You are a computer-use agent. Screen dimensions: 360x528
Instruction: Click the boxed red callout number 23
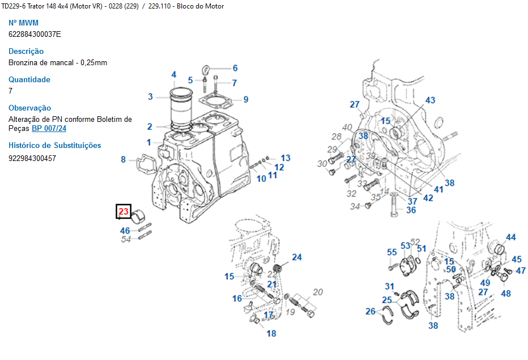[124, 212]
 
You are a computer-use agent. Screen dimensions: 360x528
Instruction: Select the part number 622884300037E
[35, 34]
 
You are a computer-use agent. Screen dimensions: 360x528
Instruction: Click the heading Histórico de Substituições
[54, 146]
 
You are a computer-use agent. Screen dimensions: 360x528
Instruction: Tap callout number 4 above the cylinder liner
[174, 75]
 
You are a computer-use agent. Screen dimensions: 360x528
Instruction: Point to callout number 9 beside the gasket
[246, 100]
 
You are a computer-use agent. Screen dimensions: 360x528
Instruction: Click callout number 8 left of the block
[123, 160]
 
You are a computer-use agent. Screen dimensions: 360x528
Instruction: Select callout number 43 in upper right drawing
[430, 100]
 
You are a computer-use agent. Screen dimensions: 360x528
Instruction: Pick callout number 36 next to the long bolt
[411, 210]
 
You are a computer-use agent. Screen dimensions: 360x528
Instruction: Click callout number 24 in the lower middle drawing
[297, 257]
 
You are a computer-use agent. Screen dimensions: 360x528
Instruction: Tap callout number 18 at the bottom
[271, 333]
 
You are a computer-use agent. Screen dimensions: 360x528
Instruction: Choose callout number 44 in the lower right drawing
[511, 238]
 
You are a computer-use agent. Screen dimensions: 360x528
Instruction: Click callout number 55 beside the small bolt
[392, 252]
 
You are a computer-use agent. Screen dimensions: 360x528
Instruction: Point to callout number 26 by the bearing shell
[371, 311]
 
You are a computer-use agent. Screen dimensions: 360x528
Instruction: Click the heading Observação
[29, 108]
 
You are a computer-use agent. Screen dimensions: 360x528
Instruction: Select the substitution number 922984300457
[32, 158]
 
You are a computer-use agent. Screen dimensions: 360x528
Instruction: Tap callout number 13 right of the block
[285, 158]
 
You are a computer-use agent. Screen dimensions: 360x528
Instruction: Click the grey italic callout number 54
[126, 240]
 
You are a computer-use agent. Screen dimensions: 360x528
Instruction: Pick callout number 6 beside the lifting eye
[235, 68]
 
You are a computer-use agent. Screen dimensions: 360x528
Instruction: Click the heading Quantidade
[29, 79]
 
